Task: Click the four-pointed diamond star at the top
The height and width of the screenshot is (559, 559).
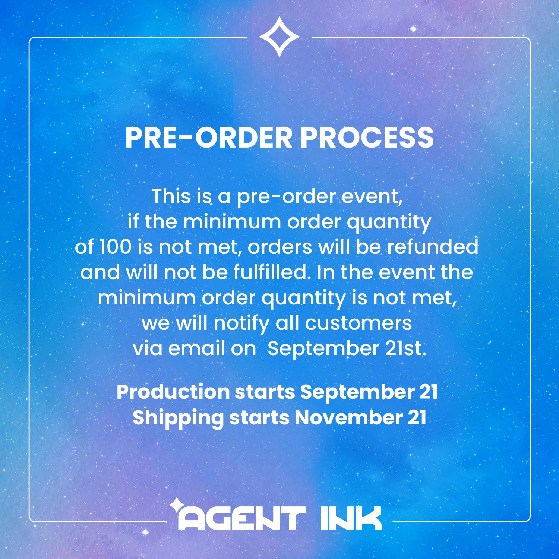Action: click(279, 37)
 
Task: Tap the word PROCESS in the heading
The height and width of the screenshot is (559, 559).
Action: click(367, 138)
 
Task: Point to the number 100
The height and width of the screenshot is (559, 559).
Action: click(115, 247)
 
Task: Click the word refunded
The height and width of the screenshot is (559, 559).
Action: click(432, 247)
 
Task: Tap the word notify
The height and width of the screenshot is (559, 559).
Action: click(241, 323)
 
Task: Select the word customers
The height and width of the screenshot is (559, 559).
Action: click(359, 323)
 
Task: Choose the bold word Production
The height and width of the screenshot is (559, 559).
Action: click(173, 392)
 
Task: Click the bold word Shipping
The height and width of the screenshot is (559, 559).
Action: click(178, 418)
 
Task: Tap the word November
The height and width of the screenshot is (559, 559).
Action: click(348, 418)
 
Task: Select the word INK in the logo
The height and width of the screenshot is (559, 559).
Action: click(351, 518)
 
